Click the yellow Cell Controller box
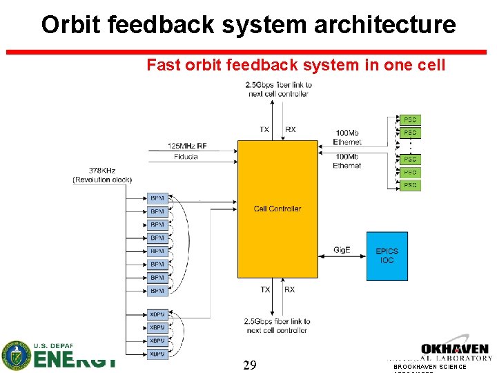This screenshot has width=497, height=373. (x=277, y=209)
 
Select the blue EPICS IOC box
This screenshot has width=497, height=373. (x=387, y=256)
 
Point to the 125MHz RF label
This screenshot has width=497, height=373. (x=187, y=146)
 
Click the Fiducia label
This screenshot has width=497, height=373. (x=186, y=157)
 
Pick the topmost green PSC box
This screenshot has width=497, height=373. (x=410, y=119)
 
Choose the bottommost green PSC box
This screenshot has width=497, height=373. (x=410, y=185)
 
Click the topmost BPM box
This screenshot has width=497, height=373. (x=157, y=198)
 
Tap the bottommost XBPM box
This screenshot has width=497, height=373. (x=157, y=354)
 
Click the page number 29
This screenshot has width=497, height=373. (x=250, y=365)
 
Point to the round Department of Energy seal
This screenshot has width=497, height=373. (x=16, y=356)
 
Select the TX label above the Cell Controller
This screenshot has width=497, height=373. (x=264, y=129)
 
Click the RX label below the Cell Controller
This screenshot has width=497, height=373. (x=289, y=289)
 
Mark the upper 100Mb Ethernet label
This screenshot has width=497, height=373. (x=347, y=137)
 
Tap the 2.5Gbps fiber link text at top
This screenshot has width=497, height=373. (x=279, y=89)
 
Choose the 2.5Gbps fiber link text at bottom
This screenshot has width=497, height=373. (x=277, y=325)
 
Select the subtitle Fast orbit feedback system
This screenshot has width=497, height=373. (x=295, y=65)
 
